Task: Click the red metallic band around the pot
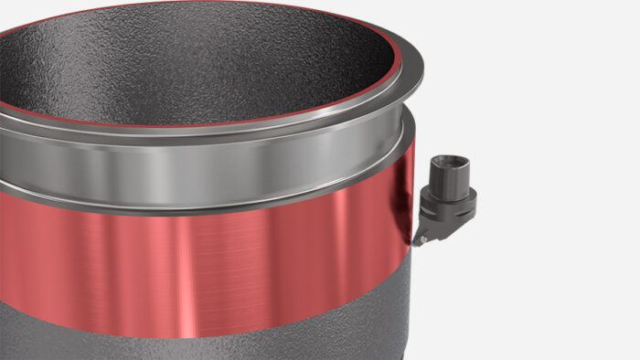[x=229, y=265]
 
